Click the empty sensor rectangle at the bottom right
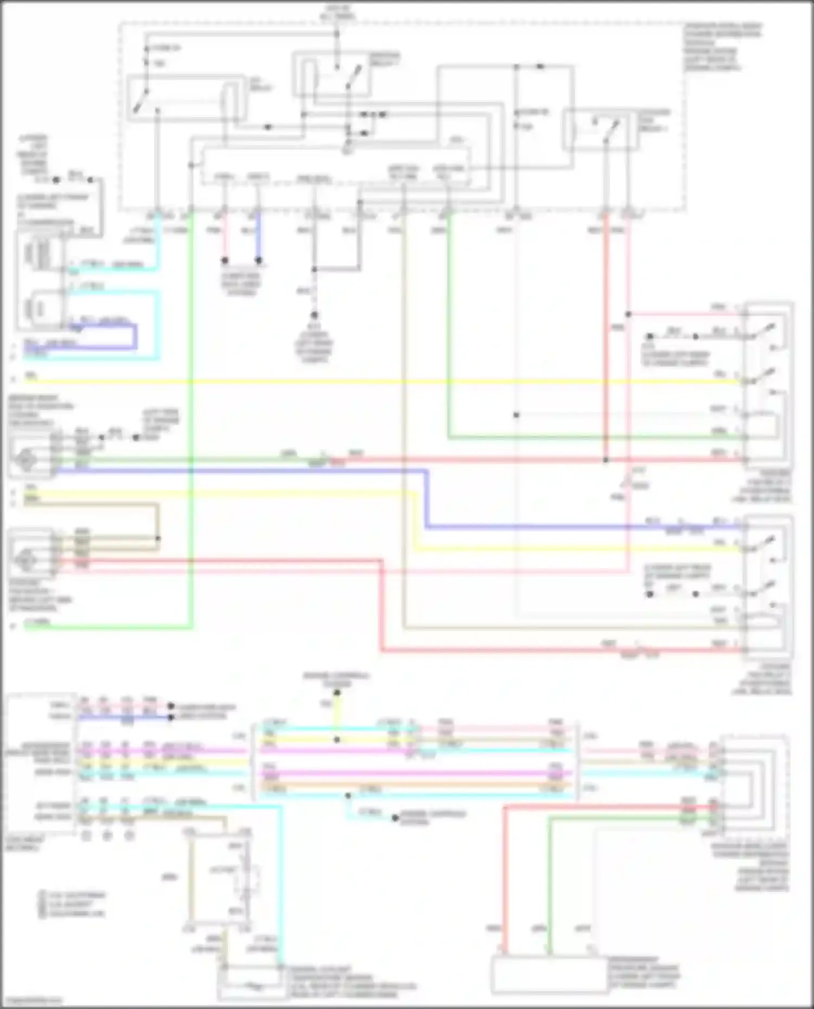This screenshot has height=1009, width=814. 549,974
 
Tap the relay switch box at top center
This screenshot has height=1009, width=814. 332,75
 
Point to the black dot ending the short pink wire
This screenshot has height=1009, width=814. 225,261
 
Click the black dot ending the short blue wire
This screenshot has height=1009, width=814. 259,261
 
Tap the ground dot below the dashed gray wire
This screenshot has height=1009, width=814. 314,314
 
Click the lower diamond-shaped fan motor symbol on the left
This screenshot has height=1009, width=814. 26,559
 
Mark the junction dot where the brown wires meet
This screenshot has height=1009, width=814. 158,538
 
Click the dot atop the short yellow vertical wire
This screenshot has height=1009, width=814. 336,692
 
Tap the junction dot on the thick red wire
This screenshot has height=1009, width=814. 606,460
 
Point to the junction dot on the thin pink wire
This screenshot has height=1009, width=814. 628,314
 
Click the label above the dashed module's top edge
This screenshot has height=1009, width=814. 338,12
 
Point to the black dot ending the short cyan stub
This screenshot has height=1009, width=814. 396,818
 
